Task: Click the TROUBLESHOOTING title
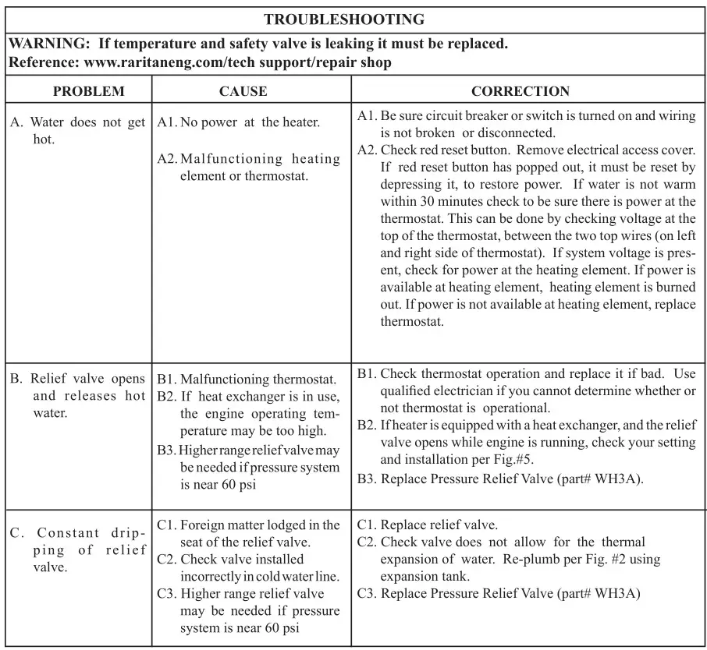click(344, 19)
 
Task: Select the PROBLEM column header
click(88, 91)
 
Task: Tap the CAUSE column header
click(243, 91)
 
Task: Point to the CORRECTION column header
click(520, 91)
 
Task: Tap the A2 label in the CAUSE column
click(167, 159)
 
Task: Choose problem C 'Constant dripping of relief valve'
click(77, 549)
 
